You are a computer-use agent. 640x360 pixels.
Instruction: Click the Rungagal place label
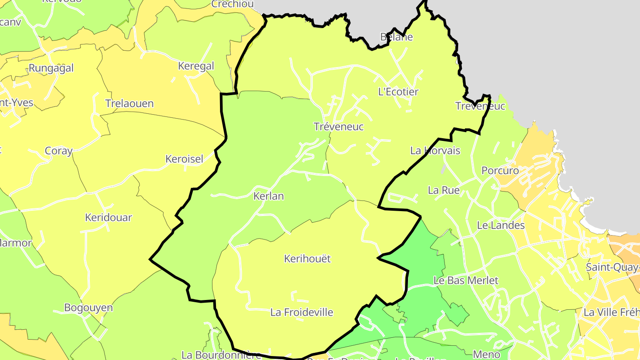click(x=51, y=68)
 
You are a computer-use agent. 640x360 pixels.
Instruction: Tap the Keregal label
click(x=196, y=66)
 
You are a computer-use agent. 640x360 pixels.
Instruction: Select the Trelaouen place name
click(x=129, y=104)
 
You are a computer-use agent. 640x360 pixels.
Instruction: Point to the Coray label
click(x=59, y=151)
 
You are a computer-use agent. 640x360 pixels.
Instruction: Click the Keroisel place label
click(x=184, y=159)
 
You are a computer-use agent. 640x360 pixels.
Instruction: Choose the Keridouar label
click(x=108, y=217)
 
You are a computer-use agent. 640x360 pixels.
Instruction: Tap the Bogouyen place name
click(x=88, y=308)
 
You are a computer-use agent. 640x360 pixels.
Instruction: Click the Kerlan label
click(x=268, y=196)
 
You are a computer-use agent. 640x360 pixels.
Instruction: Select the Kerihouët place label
click(x=308, y=259)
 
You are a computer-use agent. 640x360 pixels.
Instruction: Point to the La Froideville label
click(x=302, y=312)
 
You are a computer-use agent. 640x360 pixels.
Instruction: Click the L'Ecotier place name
click(x=398, y=92)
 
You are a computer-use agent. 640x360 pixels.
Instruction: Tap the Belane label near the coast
click(x=396, y=37)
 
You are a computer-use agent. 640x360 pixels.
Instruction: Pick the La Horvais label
click(x=435, y=151)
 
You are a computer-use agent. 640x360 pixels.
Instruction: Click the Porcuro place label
click(x=500, y=171)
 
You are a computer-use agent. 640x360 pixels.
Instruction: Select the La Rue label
click(x=444, y=190)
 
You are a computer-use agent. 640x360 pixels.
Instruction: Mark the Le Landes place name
click(x=501, y=225)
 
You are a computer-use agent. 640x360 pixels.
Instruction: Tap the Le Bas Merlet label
click(x=466, y=280)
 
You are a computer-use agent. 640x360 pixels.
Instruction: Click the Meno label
click(x=487, y=354)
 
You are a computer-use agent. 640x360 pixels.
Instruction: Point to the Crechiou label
click(x=232, y=4)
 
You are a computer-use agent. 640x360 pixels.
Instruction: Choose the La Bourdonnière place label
click(x=221, y=355)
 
